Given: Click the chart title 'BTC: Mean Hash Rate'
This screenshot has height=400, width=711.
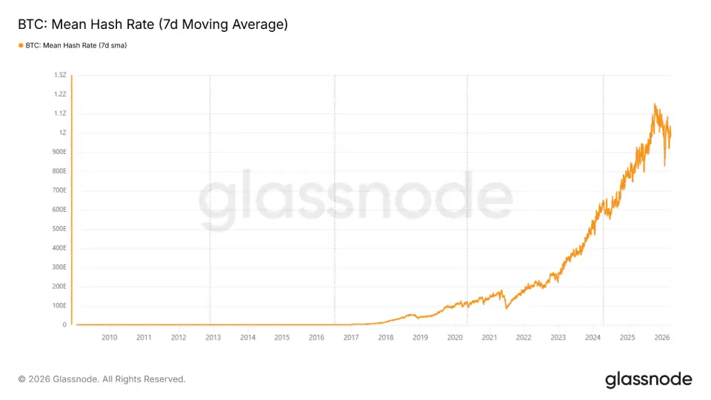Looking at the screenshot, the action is (86, 24).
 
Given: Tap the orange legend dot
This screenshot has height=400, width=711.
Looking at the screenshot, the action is (21, 45).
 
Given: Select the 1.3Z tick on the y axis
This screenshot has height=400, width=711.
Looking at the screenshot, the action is (60, 75).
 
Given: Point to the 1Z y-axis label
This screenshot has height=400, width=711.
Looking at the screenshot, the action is (62, 133).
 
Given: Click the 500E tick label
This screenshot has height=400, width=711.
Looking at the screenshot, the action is (59, 229).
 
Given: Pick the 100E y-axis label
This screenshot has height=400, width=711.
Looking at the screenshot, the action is (59, 305).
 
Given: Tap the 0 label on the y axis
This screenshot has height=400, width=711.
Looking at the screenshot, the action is (64, 324).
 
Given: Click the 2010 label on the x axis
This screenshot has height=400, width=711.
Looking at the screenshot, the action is (110, 338).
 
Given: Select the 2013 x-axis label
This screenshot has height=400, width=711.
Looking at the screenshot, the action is (213, 338).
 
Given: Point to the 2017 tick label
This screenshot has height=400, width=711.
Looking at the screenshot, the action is (351, 338).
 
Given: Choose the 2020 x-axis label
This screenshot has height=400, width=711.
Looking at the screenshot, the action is (455, 338).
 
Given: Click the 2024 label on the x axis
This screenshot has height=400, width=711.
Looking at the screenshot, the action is (592, 338).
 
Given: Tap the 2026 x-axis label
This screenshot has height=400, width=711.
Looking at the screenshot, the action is (662, 338).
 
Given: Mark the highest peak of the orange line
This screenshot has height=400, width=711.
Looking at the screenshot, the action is (655, 104).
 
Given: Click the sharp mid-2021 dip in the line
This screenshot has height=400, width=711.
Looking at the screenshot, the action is (507, 308).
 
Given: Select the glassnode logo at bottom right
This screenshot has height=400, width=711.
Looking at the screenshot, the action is (649, 379).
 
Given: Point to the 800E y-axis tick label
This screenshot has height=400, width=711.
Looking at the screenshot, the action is (59, 171).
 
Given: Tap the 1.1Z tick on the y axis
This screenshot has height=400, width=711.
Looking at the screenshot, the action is (60, 113).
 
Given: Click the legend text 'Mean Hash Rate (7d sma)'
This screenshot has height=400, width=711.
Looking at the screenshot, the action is (84, 45).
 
